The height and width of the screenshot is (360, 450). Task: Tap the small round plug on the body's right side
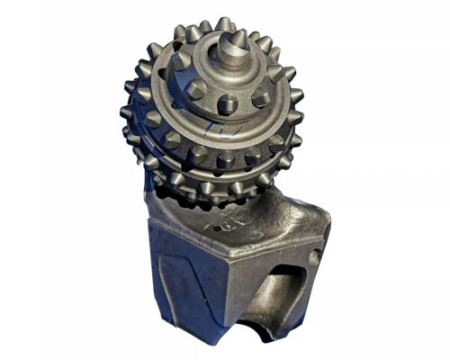[312, 257]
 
